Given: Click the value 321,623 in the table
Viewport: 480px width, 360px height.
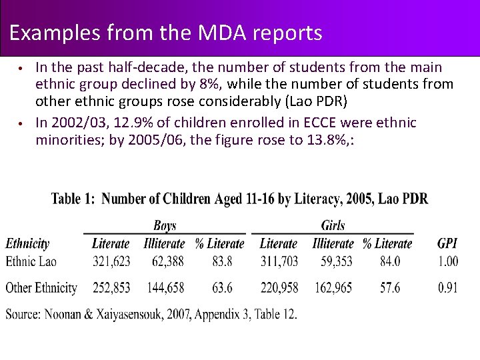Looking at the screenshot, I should [x=111, y=261].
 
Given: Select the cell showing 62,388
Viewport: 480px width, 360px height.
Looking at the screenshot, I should [x=164, y=261].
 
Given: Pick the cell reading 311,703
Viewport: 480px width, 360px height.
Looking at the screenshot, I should [x=279, y=261].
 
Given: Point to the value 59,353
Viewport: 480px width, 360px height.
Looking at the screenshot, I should [x=333, y=261].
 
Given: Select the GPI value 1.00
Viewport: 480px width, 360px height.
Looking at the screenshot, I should [x=448, y=261].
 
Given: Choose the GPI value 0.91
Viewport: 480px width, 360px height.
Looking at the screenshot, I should [x=448, y=288].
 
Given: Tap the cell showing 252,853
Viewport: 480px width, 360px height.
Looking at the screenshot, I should [x=111, y=288].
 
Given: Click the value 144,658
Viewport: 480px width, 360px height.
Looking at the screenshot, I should [x=164, y=288].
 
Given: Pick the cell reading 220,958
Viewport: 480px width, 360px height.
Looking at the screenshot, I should [x=279, y=288].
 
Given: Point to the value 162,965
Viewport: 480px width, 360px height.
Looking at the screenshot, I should [x=333, y=288].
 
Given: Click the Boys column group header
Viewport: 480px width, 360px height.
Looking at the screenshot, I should [x=165, y=226].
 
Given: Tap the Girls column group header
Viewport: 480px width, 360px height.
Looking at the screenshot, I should [x=333, y=226].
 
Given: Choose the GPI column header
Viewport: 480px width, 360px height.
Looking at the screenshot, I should [x=447, y=244].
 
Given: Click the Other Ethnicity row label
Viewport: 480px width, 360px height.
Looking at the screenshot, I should [x=41, y=288].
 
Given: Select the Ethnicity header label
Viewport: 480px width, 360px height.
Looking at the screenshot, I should [x=27, y=244].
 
